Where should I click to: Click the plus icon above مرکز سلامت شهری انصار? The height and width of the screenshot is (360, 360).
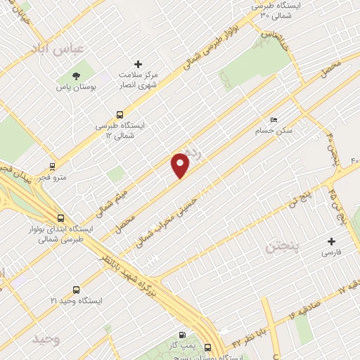(138, 64)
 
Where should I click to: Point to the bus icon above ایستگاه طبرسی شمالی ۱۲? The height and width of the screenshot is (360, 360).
(120, 115)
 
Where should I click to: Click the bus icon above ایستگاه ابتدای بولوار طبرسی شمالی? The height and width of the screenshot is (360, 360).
(61, 218)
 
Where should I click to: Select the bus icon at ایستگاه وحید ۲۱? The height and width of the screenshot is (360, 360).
(76, 289)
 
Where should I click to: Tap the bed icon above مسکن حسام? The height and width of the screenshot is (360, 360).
(274, 120)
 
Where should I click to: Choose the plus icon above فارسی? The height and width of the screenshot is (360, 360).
(330, 240)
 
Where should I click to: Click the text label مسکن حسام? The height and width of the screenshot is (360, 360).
(273, 131)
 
